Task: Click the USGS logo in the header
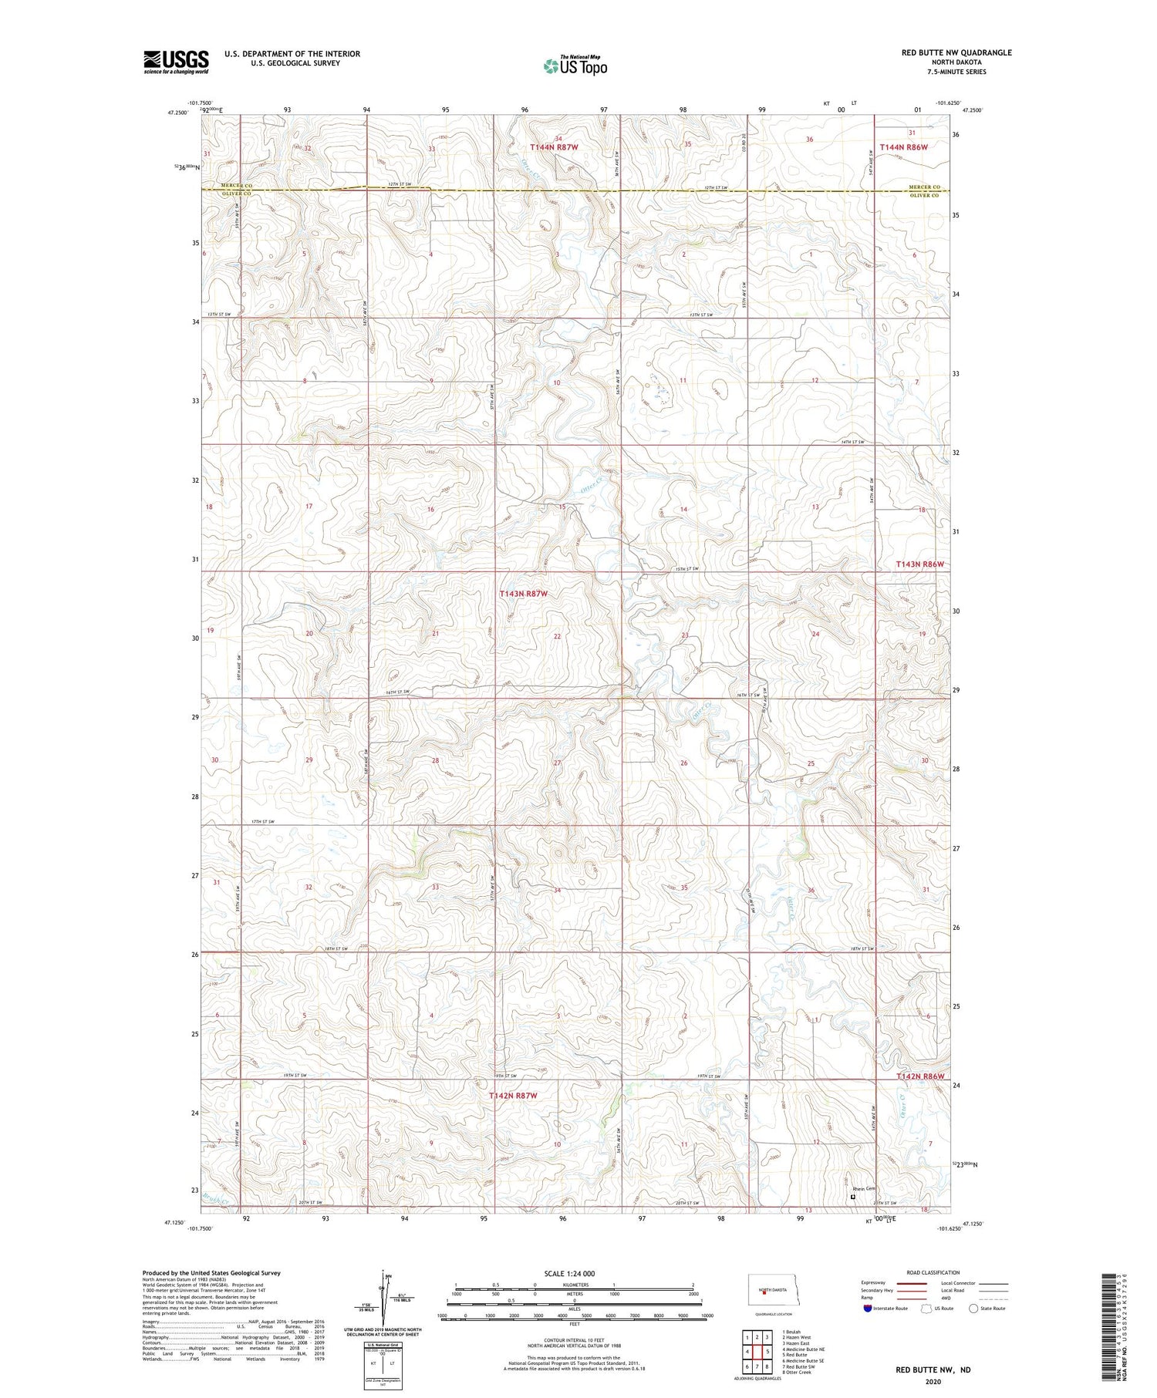pyautogui.click(x=176, y=62)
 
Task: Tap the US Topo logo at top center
pyautogui.click(x=575, y=66)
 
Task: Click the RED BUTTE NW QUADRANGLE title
pyautogui.click(x=956, y=52)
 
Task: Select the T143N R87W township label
pyautogui.click(x=523, y=594)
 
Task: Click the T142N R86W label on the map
pyautogui.click(x=919, y=1076)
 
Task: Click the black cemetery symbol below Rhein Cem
pyautogui.click(x=852, y=1198)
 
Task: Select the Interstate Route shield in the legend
pyautogui.click(x=868, y=1308)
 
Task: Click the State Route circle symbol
pyautogui.click(x=973, y=1308)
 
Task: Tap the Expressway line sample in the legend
pyautogui.click(x=910, y=1283)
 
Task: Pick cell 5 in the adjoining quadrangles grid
pyautogui.click(x=768, y=1351)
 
